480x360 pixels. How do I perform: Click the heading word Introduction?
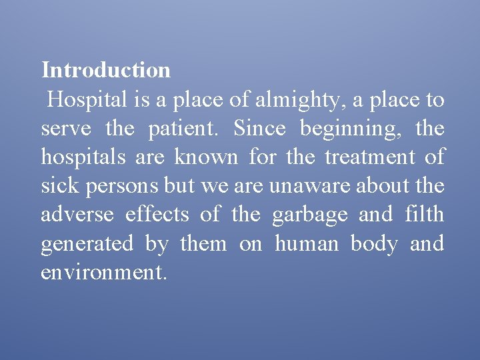[x=106, y=70]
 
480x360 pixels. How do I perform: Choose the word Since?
[x=259, y=129]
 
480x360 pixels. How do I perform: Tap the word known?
[x=206, y=158]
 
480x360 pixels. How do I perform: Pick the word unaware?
[x=309, y=187]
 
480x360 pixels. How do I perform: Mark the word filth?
[x=423, y=215]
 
